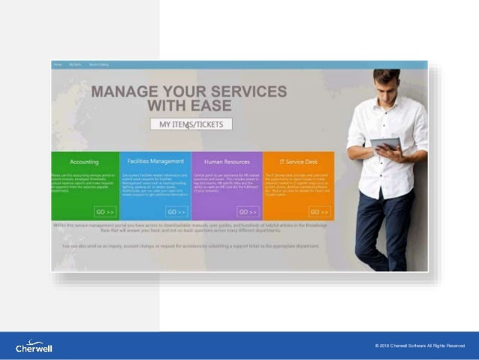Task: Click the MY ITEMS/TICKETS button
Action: point(191,125)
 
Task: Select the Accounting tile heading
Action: point(84,162)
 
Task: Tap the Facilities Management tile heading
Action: point(155,161)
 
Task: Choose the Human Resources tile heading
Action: point(226,162)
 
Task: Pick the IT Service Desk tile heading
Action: point(297,162)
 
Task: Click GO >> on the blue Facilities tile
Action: point(176,212)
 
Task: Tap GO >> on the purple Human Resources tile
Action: point(248,212)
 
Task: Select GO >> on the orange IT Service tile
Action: point(319,212)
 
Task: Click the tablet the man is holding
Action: point(386,143)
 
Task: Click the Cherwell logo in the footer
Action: point(34,346)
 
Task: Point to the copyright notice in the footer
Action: point(420,346)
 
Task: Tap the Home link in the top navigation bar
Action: point(58,65)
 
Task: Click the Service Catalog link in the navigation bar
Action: point(98,65)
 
